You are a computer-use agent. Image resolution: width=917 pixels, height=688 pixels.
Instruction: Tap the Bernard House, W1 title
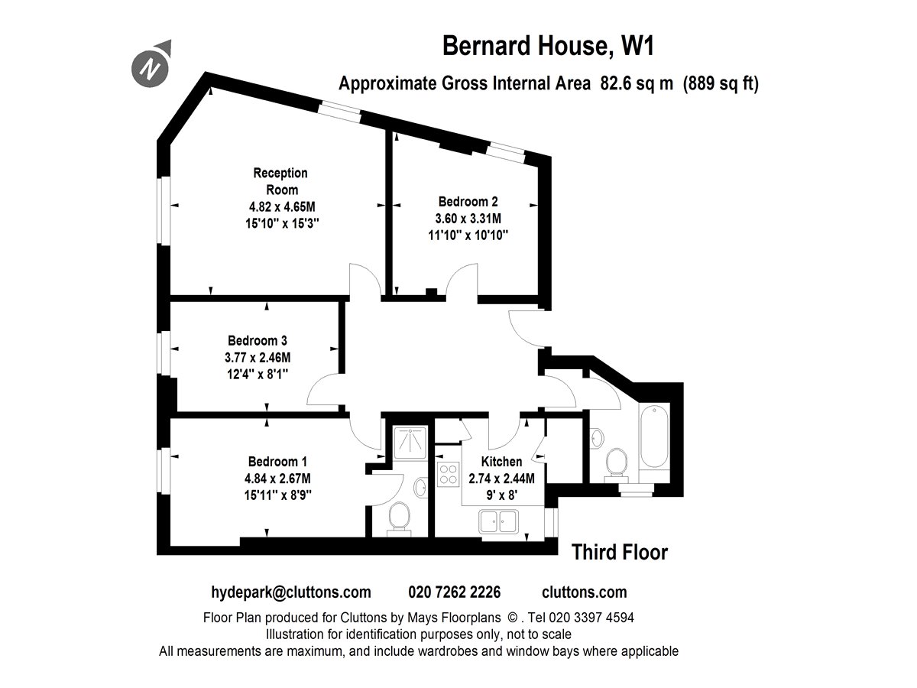[548, 46]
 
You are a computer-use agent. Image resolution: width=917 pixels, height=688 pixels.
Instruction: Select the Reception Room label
[281, 181]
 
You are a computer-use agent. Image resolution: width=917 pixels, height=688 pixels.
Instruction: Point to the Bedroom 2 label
[468, 202]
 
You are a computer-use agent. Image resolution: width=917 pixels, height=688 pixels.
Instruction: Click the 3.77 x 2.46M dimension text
[258, 358]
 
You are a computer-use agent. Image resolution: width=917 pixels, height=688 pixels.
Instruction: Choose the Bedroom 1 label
[277, 462]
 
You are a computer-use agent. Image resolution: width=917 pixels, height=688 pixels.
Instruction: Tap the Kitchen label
[501, 462]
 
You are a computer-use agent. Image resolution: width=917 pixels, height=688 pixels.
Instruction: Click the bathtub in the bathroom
[654, 435]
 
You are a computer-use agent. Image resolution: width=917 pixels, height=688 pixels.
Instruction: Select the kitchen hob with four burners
[448, 474]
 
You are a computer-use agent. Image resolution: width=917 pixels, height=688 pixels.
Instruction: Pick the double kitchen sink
[498, 521]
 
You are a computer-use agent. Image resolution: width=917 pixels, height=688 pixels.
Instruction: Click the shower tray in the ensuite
[410, 443]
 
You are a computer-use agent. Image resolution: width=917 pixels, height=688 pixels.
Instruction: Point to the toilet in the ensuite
[399, 518]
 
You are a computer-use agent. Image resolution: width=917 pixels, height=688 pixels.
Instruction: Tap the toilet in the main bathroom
[616, 464]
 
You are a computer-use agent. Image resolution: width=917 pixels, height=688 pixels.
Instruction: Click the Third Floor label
[620, 552]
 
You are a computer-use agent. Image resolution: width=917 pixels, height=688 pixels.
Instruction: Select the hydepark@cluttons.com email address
[291, 592]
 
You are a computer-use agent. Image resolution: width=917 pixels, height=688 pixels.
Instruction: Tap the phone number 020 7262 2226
[454, 592]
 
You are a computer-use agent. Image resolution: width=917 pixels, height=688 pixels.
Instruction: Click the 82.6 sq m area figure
[637, 83]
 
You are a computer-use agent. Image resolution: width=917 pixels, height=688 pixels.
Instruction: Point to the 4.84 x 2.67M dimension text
[277, 479]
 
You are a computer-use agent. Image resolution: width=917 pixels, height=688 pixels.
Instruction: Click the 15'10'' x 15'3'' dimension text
[282, 223]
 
